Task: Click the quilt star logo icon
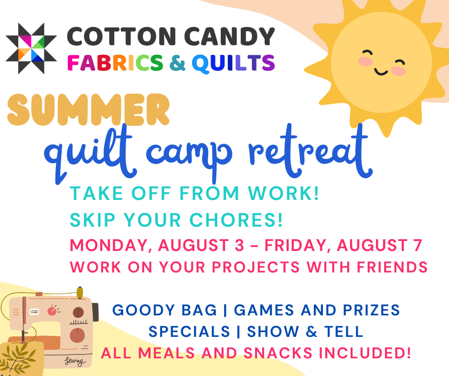click(31, 48)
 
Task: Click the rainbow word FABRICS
click(115, 63)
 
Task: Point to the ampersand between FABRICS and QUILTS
click(178, 63)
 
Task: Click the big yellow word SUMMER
click(88, 110)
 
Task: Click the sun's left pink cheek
click(365, 61)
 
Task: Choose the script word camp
click(189, 156)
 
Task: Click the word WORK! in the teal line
click(283, 193)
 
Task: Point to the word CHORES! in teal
click(236, 220)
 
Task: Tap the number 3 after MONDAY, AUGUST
click(239, 245)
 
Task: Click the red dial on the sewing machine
click(52, 311)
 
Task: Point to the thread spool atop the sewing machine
click(80, 292)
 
